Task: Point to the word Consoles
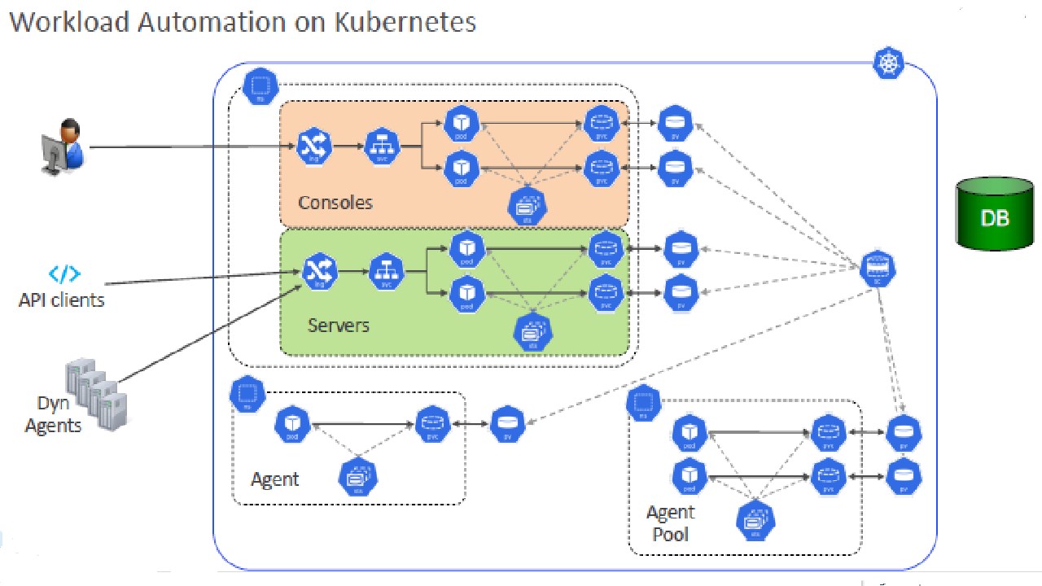pyautogui.click(x=335, y=202)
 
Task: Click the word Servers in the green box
pyautogui.click(x=339, y=326)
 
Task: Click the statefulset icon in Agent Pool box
pyautogui.click(x=755, y=521)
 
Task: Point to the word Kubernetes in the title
pyautogui.click(x=405, y=22)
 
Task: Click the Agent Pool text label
pyautogui.click(x=670, y=523)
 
